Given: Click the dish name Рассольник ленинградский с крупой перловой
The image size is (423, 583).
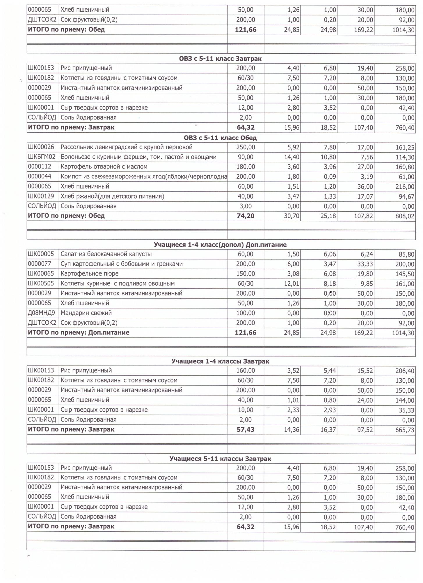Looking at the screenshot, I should tap(127, 147).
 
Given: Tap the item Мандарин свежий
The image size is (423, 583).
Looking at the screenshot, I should tap(86, 313).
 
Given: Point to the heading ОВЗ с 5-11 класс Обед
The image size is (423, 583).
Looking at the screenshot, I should tap(220, 138).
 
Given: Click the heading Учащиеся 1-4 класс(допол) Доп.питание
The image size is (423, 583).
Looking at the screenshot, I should tap(220, 245).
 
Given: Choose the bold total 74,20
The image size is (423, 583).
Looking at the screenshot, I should tap(246, 216).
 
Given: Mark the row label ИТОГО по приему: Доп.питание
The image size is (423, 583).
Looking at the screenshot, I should tap(79, 333).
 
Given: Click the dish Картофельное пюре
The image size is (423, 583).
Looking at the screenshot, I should tap(90, 274).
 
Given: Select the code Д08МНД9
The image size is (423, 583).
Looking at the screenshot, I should tap(41, 313).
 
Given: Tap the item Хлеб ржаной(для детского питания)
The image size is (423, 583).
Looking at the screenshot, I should tap(112, 196).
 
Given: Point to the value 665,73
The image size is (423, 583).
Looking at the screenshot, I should tap(405, 430).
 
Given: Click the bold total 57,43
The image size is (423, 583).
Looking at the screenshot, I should tap(246, 430).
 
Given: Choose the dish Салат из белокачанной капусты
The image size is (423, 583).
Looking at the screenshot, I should tap(106, 254).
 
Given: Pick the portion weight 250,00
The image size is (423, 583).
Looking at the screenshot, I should tap(246, 147).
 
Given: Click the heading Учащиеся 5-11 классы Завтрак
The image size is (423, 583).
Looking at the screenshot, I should tap(220, 459).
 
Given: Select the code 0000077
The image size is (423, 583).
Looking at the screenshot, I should tap(40, 264).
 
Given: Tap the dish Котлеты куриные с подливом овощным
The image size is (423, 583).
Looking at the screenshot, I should tap(118, 284).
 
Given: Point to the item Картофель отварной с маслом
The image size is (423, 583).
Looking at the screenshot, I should tap(104, 167).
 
